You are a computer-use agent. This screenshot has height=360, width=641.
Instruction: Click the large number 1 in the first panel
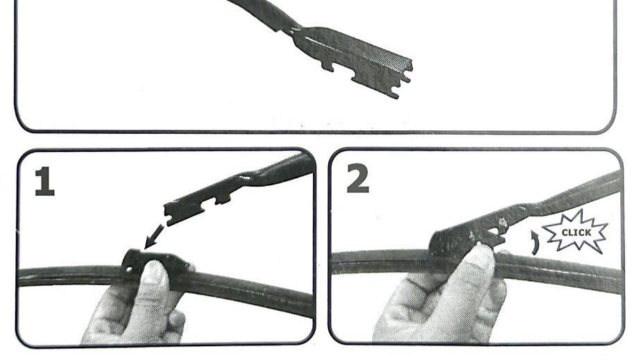coord(44,182)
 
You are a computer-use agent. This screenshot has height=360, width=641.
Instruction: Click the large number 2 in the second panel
coord(358,178)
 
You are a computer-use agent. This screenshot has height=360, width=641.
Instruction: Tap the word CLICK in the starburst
coord(576,232)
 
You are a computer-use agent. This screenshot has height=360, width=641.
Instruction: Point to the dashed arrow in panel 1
coord(154,237)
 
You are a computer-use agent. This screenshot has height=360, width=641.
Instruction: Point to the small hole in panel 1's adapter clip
coord(129,269)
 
